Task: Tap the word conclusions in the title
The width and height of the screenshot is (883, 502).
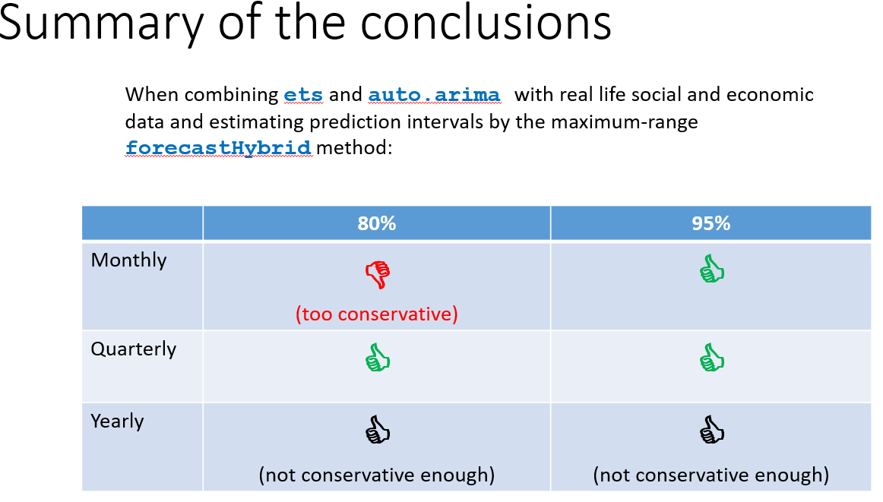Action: pos(486,23)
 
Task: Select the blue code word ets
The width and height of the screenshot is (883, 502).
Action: pos(303,94)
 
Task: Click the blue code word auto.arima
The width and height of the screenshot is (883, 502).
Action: pos(434,94)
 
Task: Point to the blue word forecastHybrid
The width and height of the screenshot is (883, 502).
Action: pos(218,147)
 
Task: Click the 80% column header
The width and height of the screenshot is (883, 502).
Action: pos(377,223)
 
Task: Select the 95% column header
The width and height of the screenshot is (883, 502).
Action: pos(711,223)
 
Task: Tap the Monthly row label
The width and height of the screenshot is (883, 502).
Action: pos(128,260)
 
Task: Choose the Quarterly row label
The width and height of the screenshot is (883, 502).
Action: pos(134,349)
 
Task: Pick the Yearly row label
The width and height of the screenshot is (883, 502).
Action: pos(117,421)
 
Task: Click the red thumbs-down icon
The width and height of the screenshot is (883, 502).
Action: pos(378,275)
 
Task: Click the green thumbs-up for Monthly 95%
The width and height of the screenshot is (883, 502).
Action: pos(712,268)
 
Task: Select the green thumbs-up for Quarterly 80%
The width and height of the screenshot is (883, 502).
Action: pos(378,358)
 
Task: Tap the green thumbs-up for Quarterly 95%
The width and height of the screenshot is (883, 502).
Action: pos(712,358)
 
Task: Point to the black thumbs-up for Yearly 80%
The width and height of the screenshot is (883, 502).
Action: pos(378,429)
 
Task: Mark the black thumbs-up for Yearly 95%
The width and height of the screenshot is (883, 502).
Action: pos(712,429)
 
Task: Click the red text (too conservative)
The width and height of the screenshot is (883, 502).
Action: pos(377,314)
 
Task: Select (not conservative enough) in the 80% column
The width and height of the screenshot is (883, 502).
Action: pos(377,475)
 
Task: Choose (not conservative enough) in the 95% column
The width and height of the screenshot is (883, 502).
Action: pos(711,475)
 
